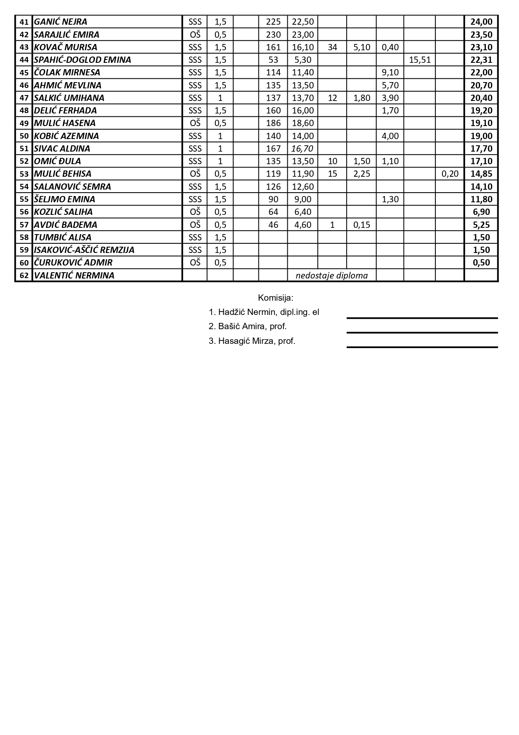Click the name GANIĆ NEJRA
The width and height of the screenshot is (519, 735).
[x=61, y=22]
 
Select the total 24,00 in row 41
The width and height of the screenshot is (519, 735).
[x=481, y=22]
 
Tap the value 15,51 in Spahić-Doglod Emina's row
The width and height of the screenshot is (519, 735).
[x=419, y=60]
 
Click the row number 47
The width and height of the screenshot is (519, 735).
[x=24, y=98]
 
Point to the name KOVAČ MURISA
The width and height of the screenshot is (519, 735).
[x=66, y=47]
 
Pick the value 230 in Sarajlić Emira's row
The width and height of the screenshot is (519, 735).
[x=273, y=35]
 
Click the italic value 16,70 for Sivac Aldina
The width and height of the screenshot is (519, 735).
[x=303, y=149]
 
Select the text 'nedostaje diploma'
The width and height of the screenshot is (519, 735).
[x=332, y=276]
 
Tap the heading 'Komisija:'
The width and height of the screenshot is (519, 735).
[x=276, y=298]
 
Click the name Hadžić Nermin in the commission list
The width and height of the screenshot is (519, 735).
[x=264, y=312]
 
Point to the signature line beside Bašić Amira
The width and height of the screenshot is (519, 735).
[x=422, y=333]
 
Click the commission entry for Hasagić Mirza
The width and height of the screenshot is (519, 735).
[x=252, y=341]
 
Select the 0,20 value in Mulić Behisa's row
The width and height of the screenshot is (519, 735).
[x=450, y=174]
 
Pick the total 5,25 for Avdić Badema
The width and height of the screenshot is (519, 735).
[x=481, y=225]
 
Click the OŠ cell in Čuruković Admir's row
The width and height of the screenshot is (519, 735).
[x=195, y=263]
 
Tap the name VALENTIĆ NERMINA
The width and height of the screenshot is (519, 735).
[x=74, y=276]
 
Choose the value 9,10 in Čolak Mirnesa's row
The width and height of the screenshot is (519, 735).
[x=390, y=72]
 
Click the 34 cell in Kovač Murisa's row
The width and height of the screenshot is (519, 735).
[x=332, y=47]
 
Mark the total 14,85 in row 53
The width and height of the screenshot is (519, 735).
[x=481, y=174]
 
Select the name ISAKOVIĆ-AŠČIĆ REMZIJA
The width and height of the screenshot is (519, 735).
[x=84, y=250]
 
